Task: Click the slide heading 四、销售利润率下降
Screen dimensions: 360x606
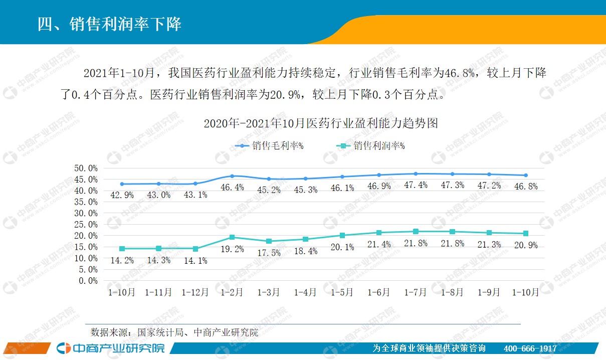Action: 109,24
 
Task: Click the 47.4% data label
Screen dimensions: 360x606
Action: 416,185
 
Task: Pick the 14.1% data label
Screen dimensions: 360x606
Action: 195,261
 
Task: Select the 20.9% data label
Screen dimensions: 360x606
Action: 526,246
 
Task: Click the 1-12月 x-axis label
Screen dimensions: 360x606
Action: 195,292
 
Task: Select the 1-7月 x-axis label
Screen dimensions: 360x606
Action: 416,292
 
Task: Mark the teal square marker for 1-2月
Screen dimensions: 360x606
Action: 232,237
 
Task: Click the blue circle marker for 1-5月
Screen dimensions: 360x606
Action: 342,176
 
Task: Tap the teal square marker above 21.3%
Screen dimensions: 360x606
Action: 489,233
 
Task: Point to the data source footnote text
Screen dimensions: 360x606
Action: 174,332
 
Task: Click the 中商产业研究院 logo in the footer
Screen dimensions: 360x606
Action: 110,348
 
